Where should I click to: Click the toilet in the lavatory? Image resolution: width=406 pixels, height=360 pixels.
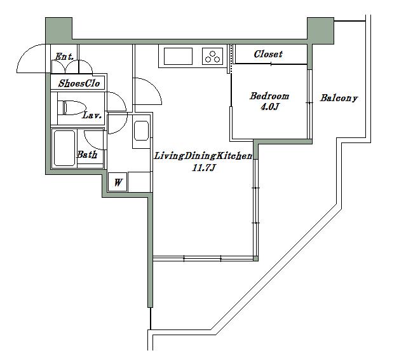coord(72,108)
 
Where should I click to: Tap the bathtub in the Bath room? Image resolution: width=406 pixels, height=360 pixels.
coord(64,148)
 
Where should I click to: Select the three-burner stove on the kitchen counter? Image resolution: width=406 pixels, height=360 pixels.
coord(212,56)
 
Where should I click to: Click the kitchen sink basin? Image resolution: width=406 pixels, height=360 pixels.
coord(178,56)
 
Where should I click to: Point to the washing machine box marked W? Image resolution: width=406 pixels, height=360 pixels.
coord(118,182)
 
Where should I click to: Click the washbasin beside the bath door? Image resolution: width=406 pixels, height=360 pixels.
coord(142,131)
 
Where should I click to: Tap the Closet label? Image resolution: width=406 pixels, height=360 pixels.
coord(268,54)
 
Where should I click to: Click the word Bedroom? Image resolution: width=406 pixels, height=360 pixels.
coord(269,96)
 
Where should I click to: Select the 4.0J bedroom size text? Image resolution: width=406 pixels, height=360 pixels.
coord(269,106)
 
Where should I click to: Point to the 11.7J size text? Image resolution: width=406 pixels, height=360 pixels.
coord(203,168)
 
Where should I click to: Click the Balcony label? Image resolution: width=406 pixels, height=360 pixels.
coord(339,98)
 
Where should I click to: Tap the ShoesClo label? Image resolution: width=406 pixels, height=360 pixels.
coord(79,83)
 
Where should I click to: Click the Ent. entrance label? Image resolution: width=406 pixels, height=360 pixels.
coord(64,56)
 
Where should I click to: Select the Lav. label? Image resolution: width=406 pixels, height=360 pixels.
coord(91,115)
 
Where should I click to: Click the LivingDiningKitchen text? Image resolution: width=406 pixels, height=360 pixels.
coord(203,156)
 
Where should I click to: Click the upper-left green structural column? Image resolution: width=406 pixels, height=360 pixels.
coord(59,31)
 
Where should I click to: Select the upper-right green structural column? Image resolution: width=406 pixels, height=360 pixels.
coord(321,31)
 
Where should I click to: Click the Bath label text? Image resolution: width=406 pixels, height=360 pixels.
coord(87,155)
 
